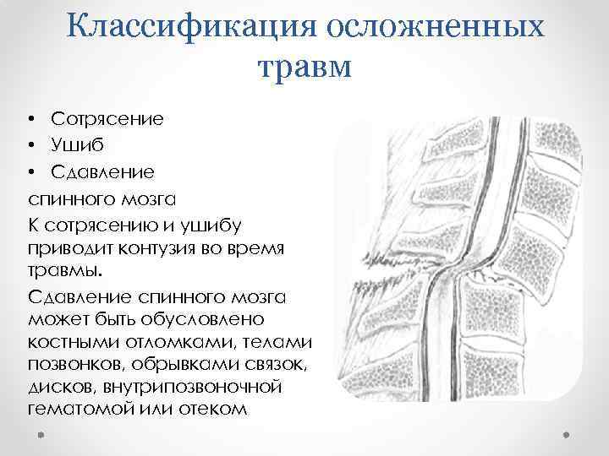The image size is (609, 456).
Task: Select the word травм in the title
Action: (x=304, y=64)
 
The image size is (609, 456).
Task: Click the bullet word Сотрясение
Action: (x=107, y=118)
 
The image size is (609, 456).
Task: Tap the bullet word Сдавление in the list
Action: (x=102, y=171)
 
